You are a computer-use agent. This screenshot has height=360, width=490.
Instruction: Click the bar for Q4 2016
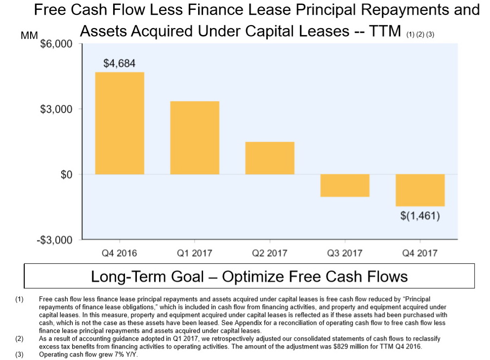coord(120,123)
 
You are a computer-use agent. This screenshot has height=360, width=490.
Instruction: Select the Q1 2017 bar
coord(195,138)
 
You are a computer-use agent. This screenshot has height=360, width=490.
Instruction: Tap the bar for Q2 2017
coord(270,158)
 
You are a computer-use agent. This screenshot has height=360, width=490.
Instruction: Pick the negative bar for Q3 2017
coord(345,186)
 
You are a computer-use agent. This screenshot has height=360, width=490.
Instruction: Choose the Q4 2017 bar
coord(420,190)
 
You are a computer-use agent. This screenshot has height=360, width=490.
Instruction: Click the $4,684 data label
coord(119,63)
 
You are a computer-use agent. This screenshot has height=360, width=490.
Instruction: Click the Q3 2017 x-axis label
coord(345,253)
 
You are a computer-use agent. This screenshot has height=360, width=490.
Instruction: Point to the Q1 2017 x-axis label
coord(195,253)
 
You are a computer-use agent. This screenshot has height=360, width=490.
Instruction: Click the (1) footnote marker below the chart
coord(19,299)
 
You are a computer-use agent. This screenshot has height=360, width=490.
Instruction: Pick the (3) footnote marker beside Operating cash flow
coord(19,354)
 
